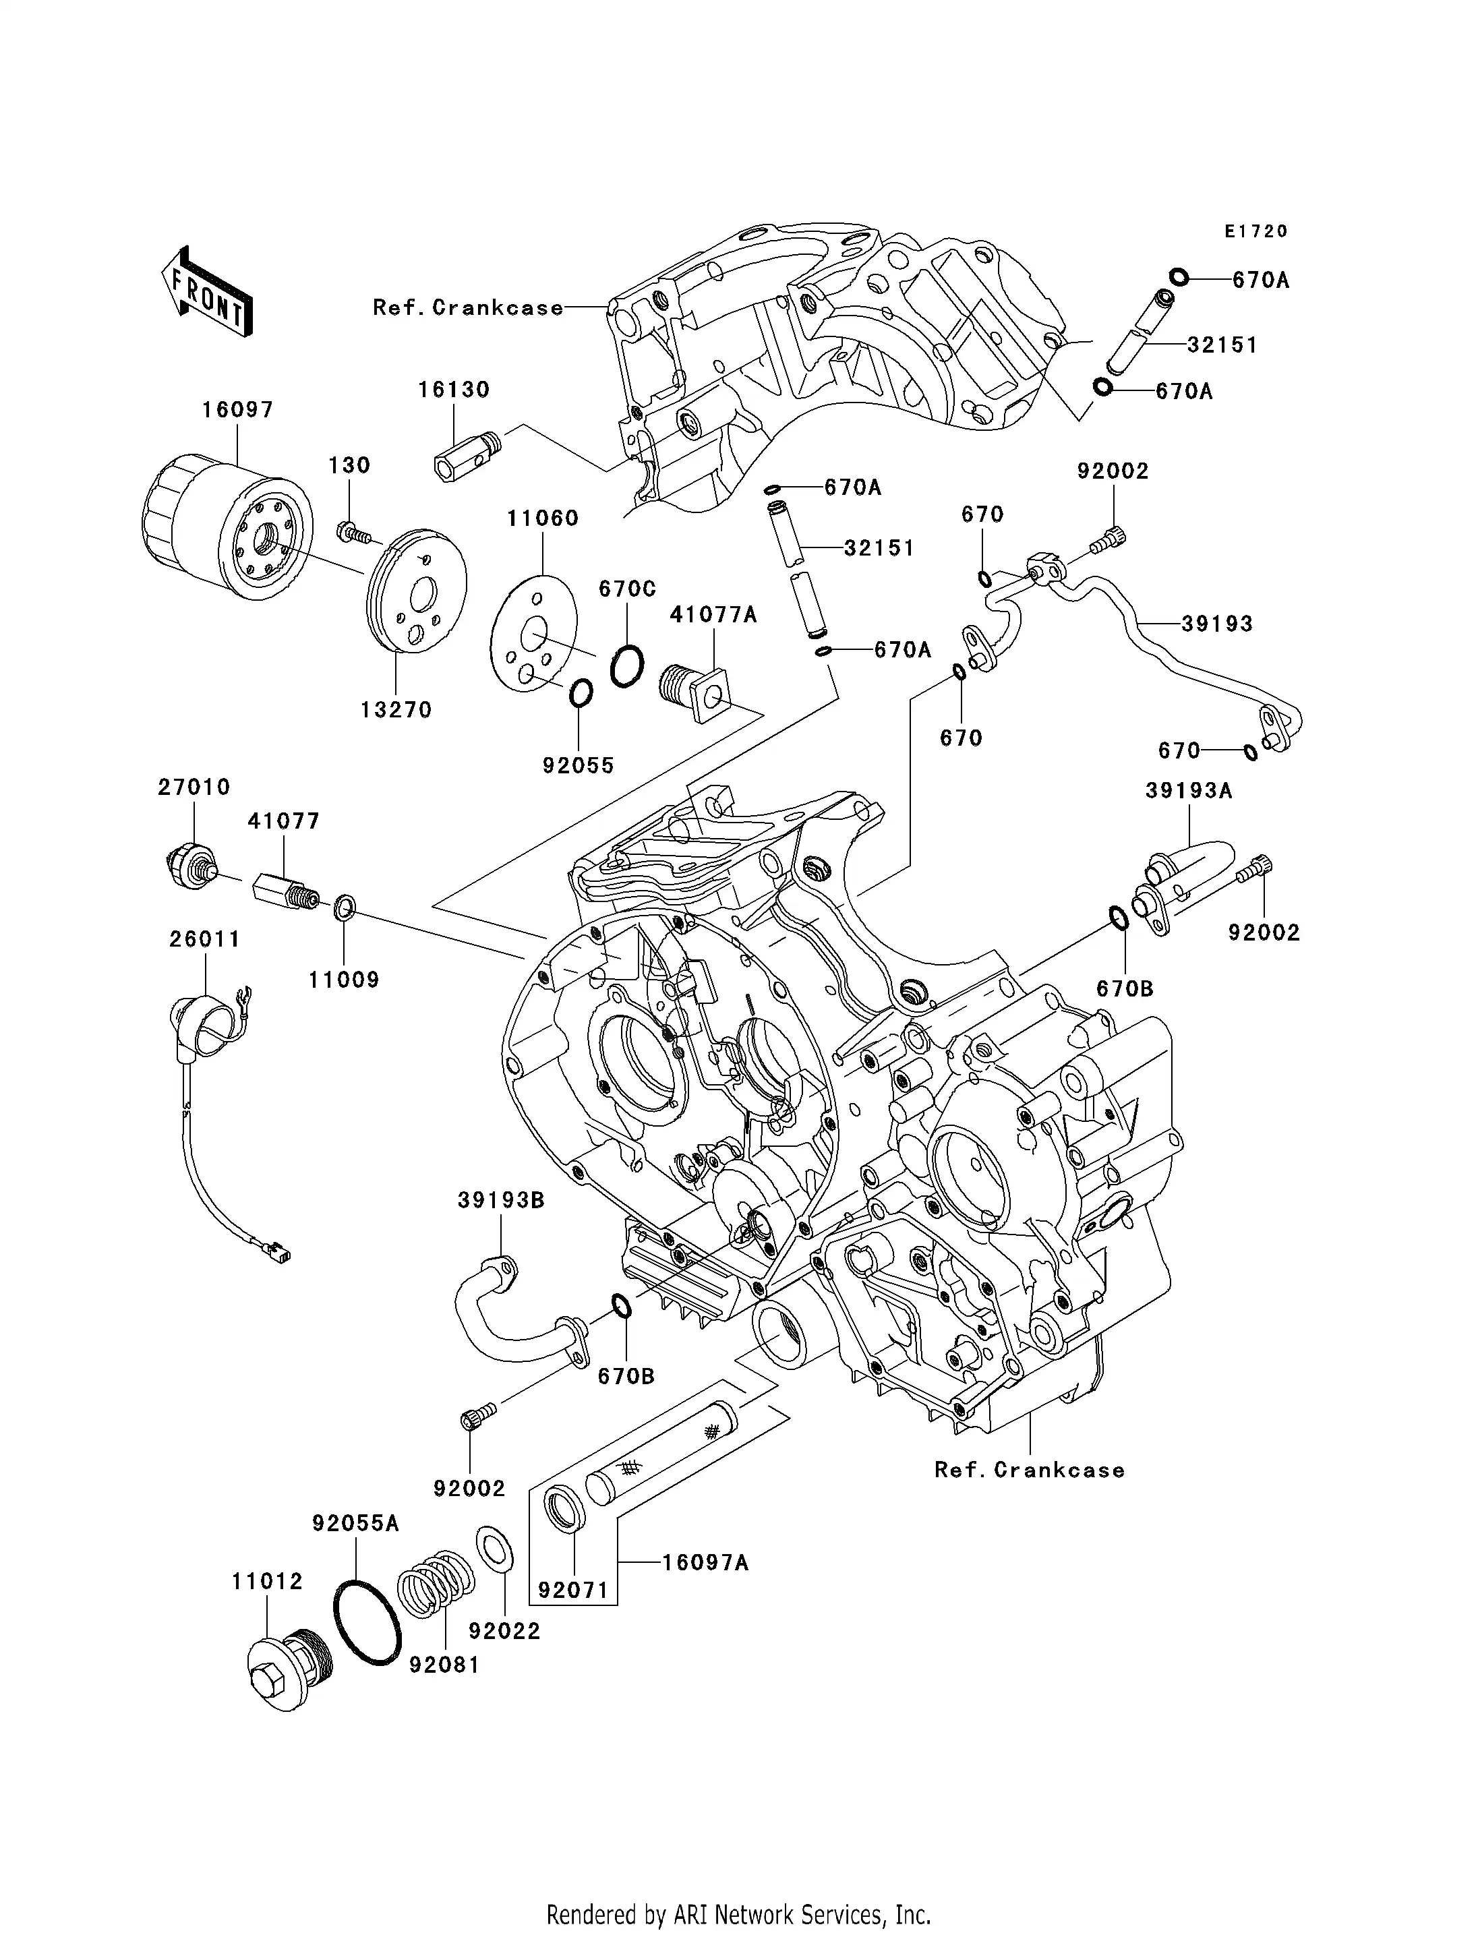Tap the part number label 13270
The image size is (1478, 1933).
click(396, 710)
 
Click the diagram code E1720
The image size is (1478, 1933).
click(1255, 231)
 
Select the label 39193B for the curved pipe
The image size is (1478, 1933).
click(500, 1201)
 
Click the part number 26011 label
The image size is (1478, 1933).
click(205, 940)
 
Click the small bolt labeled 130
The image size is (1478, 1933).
click(353, 531)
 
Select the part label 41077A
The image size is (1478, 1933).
click(713, 615)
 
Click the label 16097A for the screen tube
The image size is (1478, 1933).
click(705, 1563)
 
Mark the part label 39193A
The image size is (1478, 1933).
click(1189, 791)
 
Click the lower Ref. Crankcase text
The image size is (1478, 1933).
click(1030, 1470)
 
